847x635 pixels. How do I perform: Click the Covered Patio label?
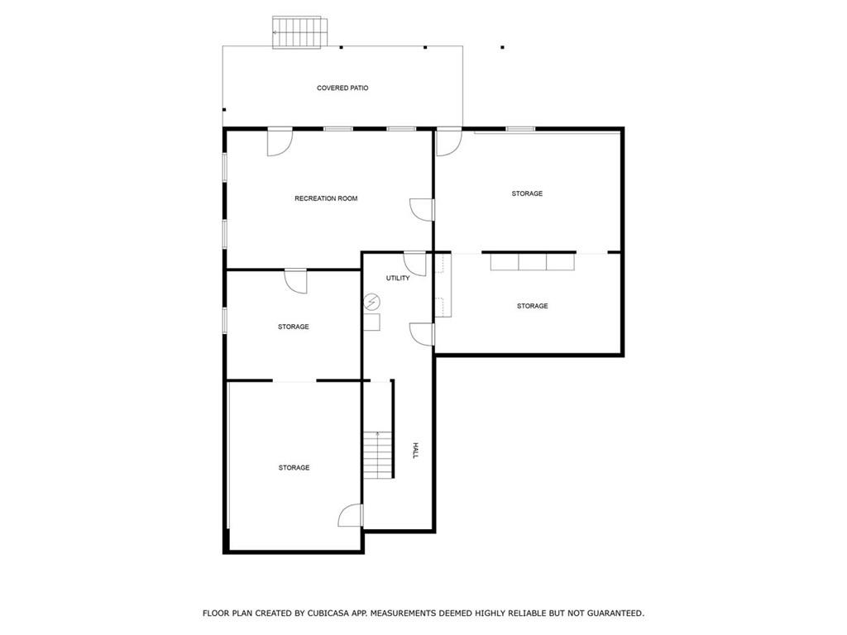click(342, 88)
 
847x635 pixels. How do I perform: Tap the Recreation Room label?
click(326, 198)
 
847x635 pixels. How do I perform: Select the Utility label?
click(398, 279)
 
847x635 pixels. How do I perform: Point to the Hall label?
click(416, 451)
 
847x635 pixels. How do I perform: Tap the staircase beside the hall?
click(377, 454)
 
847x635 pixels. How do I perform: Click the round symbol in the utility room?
click(371, 302)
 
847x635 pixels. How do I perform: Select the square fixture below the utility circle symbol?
click(371, 322)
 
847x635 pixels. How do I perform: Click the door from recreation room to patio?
click(280, 142)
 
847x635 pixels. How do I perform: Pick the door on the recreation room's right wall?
click(423, 210)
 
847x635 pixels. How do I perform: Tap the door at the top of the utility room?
click(415, 263)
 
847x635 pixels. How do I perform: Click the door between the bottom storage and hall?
click(351, 516)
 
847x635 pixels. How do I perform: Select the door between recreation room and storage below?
click(295, 281)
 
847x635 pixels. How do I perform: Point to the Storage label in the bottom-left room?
click(294, 468)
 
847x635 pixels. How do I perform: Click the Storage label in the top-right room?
click(527, 193)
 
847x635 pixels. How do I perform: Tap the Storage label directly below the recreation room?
click(294, 327)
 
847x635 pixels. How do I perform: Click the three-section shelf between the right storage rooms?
click(531, 261)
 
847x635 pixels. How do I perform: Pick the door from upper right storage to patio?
click(448, 142)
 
